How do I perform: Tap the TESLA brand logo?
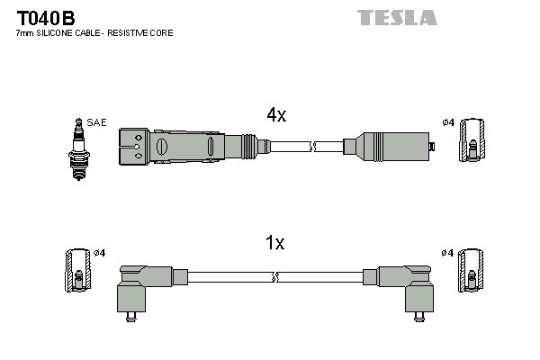click(x=396, y=17)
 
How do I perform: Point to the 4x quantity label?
click(x=275, y=114)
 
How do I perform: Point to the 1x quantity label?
click(x=275, y=243)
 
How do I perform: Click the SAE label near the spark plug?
click(x=95, y=121)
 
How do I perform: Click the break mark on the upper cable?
click(x=312, y=145)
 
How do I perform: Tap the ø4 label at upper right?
click(x=448, y=122)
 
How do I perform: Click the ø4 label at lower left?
click(x=100, y=253)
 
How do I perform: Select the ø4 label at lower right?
click(x=448, y=253)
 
